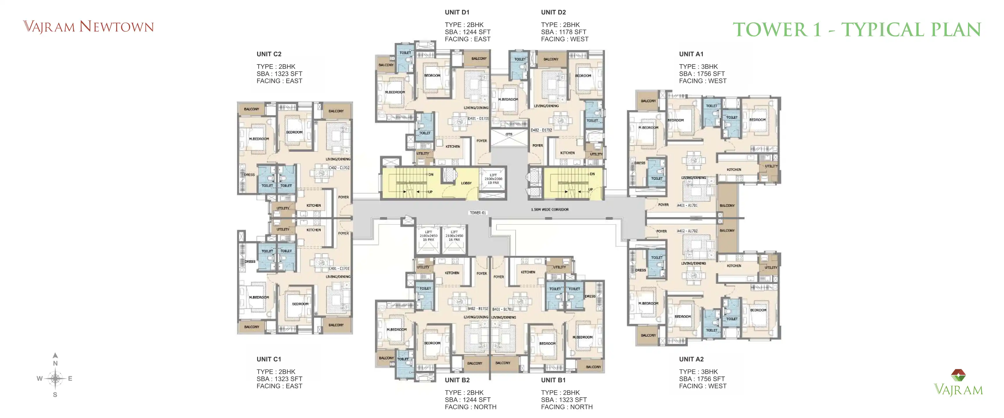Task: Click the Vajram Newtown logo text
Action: tap(89, 27)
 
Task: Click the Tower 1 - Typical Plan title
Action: tap(857, 30)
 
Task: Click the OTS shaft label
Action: tap(509, 134)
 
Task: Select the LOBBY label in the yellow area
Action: tap(466, 183)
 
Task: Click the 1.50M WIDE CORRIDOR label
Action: tap(550, 210)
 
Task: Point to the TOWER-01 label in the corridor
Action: tap(478, 213)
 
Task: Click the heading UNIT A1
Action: tap(691, 54)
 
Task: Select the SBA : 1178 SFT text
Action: tap(564, 32)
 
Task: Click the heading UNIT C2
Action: tap(269, 54)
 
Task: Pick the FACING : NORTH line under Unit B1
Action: tap(567, 407)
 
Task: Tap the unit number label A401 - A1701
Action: tap(687, 205)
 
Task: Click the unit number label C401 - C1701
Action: tap(339, 269)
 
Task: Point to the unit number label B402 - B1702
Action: tap(477, 309)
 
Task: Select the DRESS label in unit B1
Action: tap(590, 296)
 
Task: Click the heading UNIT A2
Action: tap(691, 359)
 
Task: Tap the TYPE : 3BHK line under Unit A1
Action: tap(698, 66)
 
